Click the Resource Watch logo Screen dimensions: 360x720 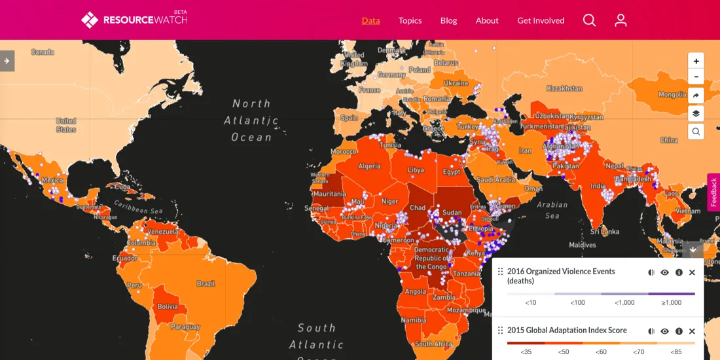point(134,20)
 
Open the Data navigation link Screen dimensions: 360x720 point(370,20)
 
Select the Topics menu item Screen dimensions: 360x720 point(410,20)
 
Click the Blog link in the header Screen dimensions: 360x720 point(448,20)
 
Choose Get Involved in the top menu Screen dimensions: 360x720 point(541,20)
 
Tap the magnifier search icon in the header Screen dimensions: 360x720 point(589,20)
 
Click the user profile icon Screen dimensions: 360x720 point(621,20)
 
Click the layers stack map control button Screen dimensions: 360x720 point(696,113)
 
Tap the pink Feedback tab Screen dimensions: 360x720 point(713,192)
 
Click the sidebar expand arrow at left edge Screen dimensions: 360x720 point(7,61)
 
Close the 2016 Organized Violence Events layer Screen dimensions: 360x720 point(692,272)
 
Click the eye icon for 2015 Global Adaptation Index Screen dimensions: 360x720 point(664,331)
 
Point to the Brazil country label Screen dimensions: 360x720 point(206,283)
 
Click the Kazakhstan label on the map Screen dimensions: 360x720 point(564,88)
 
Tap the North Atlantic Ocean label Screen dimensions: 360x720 point(251,120)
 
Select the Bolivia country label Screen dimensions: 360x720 point(167,306)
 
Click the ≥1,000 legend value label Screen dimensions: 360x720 point(672,302)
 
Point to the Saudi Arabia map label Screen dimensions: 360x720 point(495,179)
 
